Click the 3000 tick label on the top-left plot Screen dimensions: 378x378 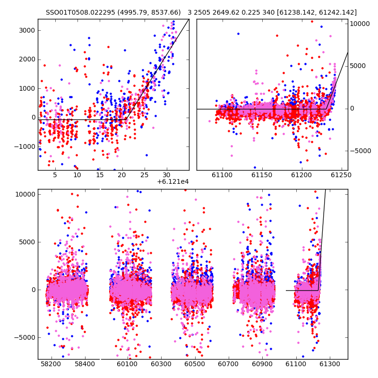27,30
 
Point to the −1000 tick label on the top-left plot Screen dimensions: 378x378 25,146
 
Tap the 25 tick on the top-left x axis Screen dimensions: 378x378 145,175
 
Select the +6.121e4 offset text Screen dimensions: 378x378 173,182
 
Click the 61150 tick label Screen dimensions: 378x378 262,175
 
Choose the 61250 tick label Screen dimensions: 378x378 341,175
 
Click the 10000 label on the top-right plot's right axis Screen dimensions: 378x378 360,24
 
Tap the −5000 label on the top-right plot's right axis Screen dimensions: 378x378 361,151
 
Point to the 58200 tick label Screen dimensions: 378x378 51,364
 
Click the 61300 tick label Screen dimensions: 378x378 329,364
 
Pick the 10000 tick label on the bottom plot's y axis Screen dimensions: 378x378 26,194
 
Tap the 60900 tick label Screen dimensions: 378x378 262,364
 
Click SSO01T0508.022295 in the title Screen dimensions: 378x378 80,13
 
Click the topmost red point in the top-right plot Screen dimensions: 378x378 312,21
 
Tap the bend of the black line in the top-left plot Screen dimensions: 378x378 126,120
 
